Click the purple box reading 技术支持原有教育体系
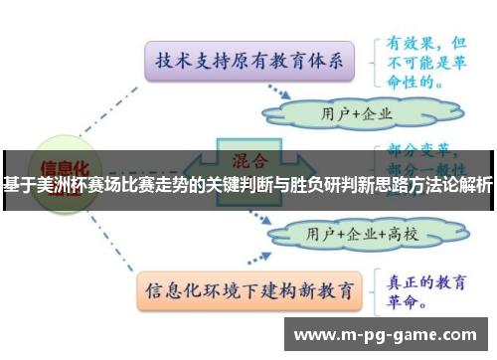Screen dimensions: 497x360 249,63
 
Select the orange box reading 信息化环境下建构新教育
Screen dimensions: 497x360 248,291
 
